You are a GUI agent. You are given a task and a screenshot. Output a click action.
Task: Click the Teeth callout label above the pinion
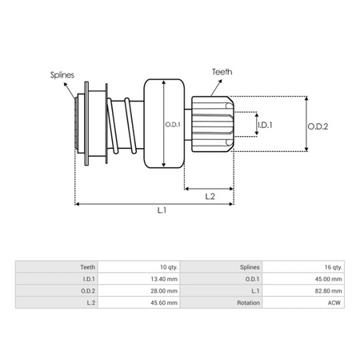click(222, 71)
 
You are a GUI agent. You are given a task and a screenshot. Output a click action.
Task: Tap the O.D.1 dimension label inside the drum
click(173, 125)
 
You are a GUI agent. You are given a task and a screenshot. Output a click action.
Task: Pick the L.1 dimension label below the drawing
click(161, 210)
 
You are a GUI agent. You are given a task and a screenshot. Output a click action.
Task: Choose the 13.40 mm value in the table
click(163, 279)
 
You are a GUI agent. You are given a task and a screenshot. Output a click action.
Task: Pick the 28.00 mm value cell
click(163, 291)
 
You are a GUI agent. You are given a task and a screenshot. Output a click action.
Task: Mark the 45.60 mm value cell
click(163, 304)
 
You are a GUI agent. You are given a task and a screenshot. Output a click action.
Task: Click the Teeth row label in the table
click(87, 266)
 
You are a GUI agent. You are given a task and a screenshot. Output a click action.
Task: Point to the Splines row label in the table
click(248, 266)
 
